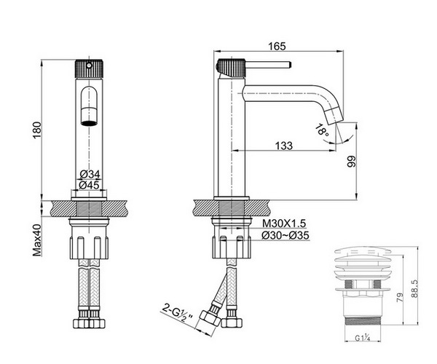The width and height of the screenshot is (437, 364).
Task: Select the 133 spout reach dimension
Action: click(284, 146)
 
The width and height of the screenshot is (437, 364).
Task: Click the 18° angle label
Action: click(321, 131)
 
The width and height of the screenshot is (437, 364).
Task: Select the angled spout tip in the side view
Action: click(336, 116)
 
